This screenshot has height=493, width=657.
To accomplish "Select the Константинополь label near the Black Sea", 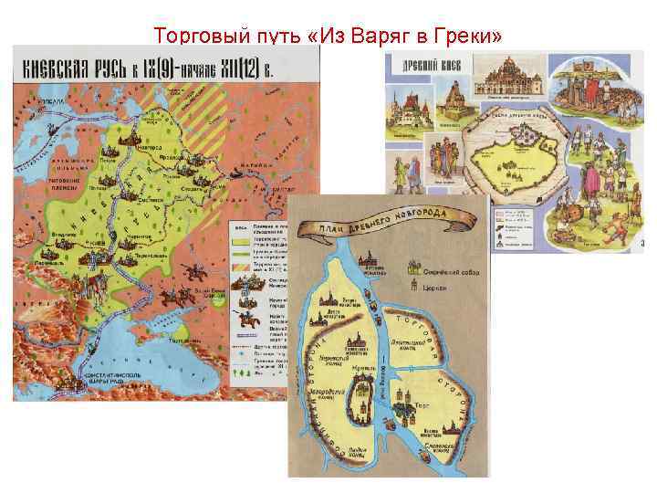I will [86, 378].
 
